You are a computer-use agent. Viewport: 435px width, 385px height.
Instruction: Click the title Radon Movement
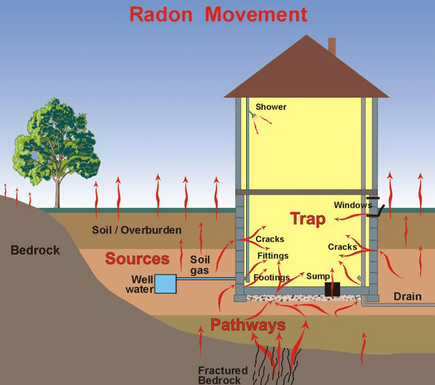tap(218, 14)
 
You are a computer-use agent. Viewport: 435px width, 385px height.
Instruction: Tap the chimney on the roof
tap(332, 46)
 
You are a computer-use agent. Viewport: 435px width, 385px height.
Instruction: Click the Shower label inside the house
tap(271, 107)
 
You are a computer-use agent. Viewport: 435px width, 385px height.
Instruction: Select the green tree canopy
tap(57, 139)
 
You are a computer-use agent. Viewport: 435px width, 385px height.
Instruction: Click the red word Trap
tap(308, 218)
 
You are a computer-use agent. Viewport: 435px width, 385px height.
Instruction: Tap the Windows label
tap(352, 205)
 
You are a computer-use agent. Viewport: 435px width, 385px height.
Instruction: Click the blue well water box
tap(165, 283)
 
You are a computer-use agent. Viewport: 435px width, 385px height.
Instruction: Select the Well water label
tap(142, 284)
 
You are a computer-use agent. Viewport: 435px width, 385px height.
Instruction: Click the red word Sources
tap(137, 259)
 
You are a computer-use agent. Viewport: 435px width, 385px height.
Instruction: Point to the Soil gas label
tap(200, 265)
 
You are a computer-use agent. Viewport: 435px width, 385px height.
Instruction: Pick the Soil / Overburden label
tap(136, 230)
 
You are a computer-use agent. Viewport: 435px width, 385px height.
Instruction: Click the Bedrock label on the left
tap(35, 250)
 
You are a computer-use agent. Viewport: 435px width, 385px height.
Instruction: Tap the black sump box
tap(332, 289)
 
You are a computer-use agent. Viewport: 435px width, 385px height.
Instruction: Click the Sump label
tap(318, 276)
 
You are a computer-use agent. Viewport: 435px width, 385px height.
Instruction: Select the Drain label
tap(407, 297)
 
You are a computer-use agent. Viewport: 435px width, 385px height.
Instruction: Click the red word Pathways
tap(248, 324)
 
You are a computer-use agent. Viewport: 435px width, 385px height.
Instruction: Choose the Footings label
tap(271, 278)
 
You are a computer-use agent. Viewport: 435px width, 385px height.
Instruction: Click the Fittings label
tap(273, 256)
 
